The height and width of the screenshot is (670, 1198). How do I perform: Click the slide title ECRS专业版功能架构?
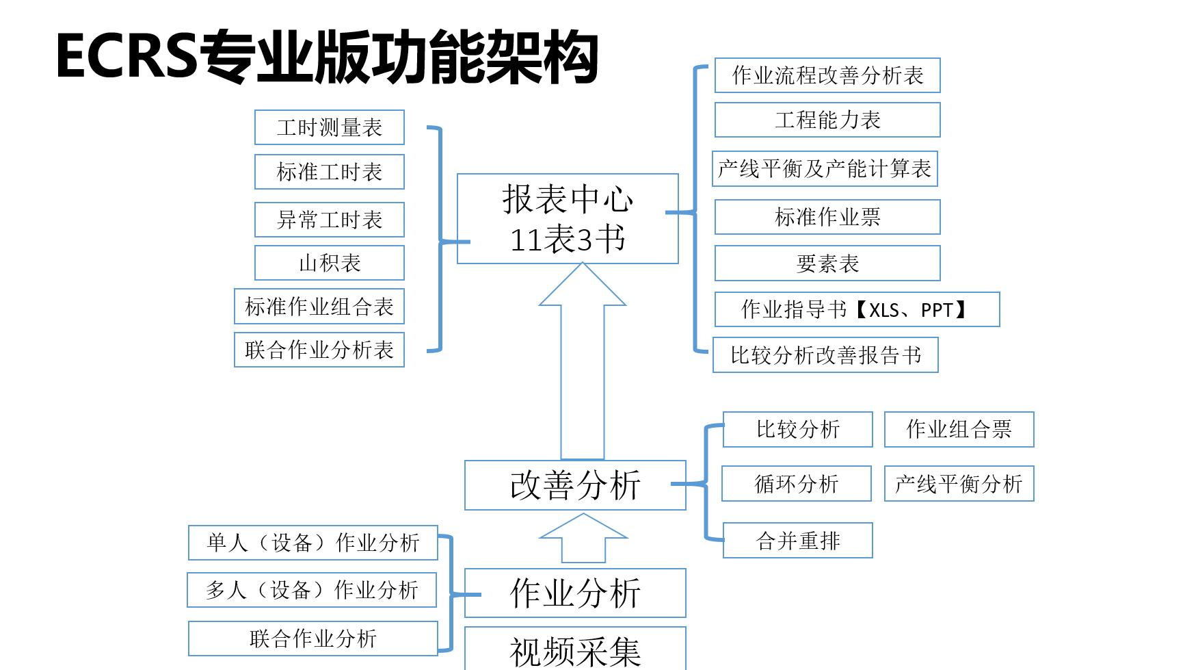pyautogui.click(x=327, y=57)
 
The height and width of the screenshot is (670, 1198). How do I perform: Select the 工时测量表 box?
pyautogui.click(x=329, y=127)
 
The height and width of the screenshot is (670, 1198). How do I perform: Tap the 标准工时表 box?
pyautogui.click(x=329, y=172)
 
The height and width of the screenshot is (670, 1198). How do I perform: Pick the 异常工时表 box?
pyautogui.click(x=329, y=220)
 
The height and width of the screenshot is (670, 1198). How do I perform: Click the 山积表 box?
pyautogui.click(x=329, y=263)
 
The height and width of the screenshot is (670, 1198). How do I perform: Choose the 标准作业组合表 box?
pyautogui.click(x=319, y=307)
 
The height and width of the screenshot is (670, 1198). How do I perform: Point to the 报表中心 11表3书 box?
pyautogui.click(x=568, y=219)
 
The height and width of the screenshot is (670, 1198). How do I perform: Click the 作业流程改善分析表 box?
pyautogui.click(x=827, y=75)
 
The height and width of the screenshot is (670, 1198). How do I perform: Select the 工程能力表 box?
pyautogui.click(x=827, y=120)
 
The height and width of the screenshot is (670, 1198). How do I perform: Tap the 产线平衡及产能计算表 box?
pyautogui.click(x=825, y=168)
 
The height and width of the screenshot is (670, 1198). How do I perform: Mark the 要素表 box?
pyautogui.click(x=827, y=263)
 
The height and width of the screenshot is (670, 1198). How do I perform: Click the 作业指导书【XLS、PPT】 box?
pyautogui.click(x=857, y=309)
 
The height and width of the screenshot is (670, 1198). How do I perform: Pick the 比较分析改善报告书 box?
pyautogui.click(x=825, y=355)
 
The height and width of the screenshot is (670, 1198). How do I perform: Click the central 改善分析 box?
pyautogui.click(x=575, y=485)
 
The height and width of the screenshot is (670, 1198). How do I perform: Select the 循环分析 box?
pyautogui.click(x=797, y=484)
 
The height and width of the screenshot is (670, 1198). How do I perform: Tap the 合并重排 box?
pyautogui.click(x=797, y=541)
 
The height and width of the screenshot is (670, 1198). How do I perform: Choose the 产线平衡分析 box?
pyautogui.click(x=959, y=484)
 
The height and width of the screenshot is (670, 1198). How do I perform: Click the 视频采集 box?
pyautogui.click(x=575, y=650)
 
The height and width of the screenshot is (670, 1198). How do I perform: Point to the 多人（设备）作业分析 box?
pyautogui.click(x=312, y=590)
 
